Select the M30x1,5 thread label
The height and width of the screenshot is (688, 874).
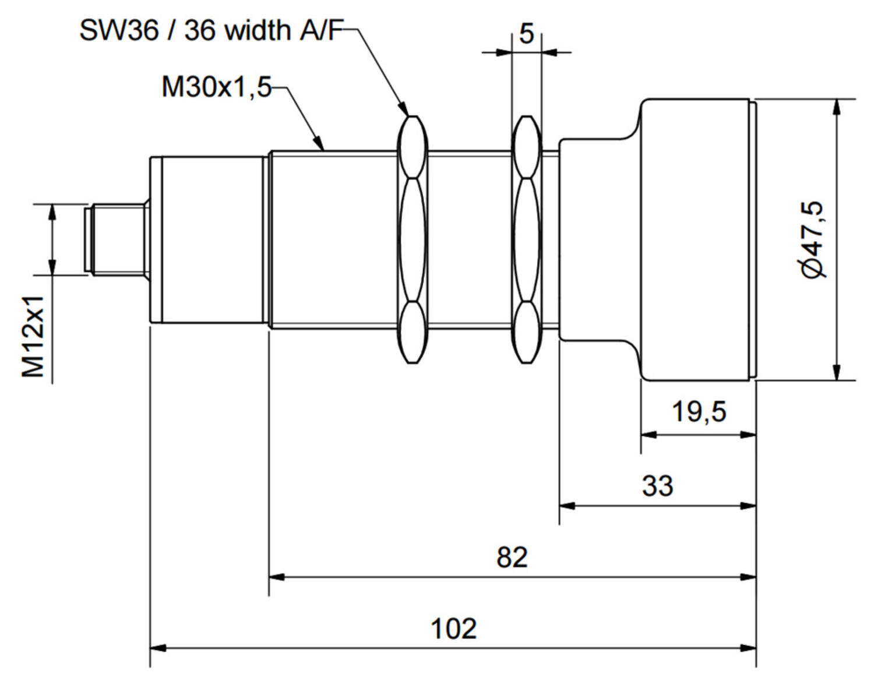(216, 88)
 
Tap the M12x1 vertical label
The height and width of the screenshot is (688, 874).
(34, 336)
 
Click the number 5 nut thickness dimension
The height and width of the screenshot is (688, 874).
(526, 34)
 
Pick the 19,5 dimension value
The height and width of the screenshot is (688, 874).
(699, 412)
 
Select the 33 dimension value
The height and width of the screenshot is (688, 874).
(657, 485)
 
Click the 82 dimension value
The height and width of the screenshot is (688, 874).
(512, 558)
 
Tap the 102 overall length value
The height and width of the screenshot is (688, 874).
(453, 629)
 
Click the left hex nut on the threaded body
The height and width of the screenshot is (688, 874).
(413, 239)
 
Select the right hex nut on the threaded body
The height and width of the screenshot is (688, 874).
(526, 239)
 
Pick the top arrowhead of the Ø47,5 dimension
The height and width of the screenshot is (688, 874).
(837, 106)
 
